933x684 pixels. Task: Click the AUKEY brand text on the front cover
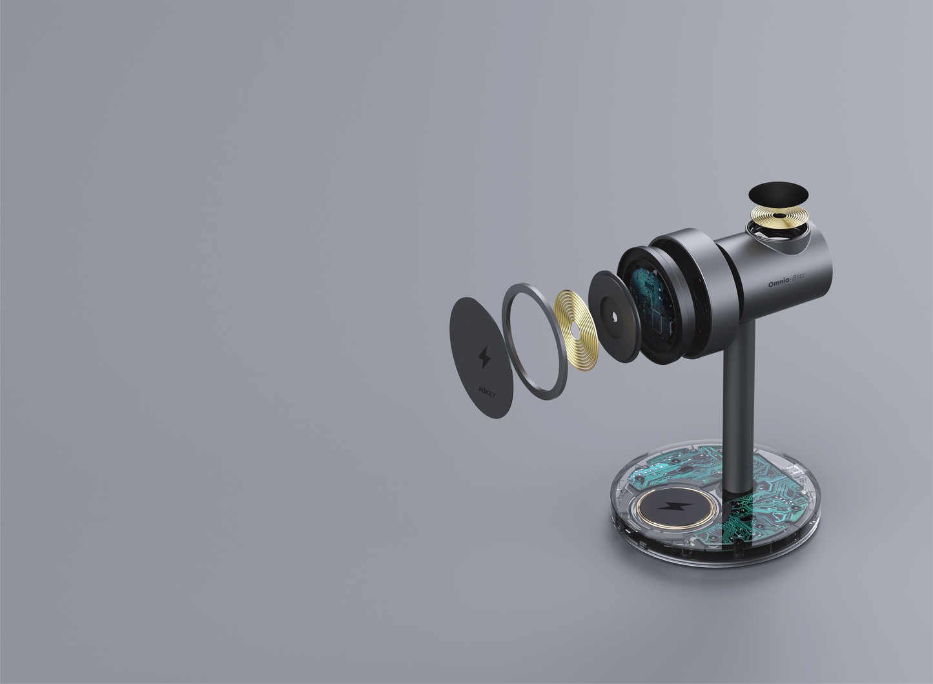487,392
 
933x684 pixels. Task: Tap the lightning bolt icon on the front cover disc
484,357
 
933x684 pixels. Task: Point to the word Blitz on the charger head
798,277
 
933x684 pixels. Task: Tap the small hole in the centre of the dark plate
615,317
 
